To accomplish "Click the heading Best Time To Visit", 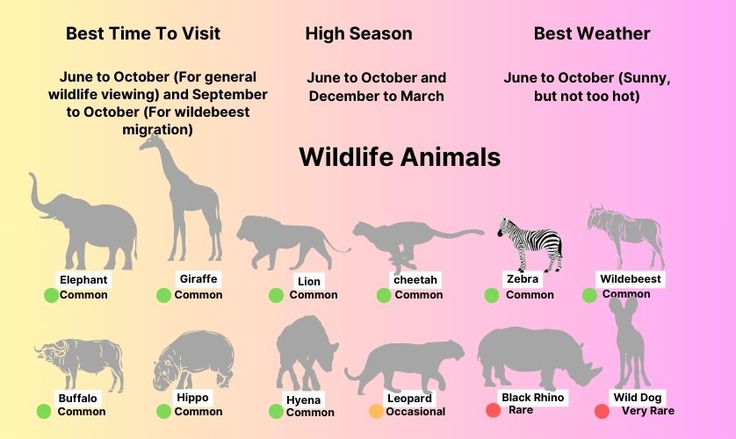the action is point(142,33).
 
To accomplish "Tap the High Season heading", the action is point(358,33).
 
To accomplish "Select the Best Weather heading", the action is point(592,33).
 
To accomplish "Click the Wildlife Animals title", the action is point(400,156).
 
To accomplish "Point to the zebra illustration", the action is point(530,243).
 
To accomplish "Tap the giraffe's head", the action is point(149,142).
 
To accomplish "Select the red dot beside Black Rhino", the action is point(493,410).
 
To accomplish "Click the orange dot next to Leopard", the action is point(376,411).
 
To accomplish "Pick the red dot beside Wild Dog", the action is point(602,411).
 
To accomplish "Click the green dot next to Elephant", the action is point(51,296).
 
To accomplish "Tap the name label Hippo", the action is point(192,398).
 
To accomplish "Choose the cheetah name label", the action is point(415,280).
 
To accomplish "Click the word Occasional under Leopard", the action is point(415,412).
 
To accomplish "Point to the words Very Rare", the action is point(648,411).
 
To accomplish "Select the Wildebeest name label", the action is point(631,279).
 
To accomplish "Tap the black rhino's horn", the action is point(594,367).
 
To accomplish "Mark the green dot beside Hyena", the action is point(276,411).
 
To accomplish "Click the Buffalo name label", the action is point(77,399).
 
